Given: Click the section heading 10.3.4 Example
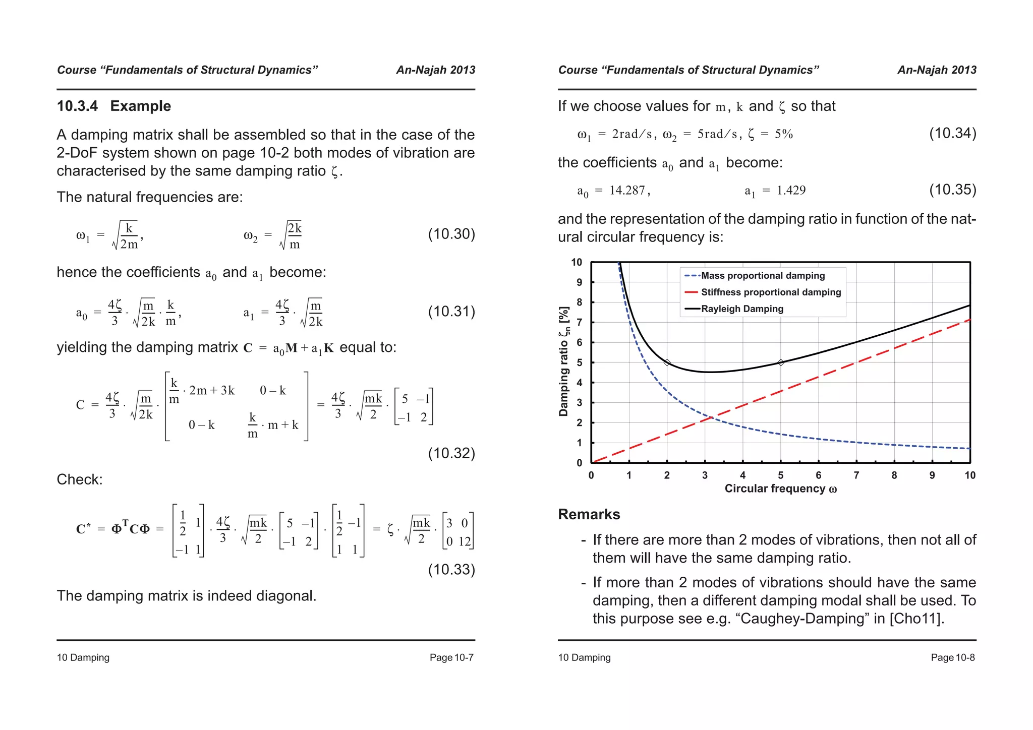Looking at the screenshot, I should click(x=114, y=106).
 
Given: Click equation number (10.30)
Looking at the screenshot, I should click(x=451, y=234).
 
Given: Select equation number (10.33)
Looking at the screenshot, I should click(x=451, y=570).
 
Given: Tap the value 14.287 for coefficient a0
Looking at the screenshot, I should click(x=627, y=191).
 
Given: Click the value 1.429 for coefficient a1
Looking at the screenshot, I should click(x=791, y=191).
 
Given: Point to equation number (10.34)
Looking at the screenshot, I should click(x=953, y=134).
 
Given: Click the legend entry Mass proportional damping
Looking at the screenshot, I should click(x=763, y=276).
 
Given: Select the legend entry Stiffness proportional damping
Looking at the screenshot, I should click(x=771, y=292).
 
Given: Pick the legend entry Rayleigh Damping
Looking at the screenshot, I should click(x=742, y=309).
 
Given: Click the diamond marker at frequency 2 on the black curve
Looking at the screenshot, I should click(x=667, y=362).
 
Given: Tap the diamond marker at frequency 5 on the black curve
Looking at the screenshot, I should click(x=781, y=362).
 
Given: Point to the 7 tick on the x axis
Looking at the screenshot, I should click(x=856, y=475).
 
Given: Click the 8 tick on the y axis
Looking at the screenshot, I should click(x=580, y=302).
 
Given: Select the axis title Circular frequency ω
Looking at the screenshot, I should click(x=781, y=489).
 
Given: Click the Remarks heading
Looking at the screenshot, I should click(x=589, y=514).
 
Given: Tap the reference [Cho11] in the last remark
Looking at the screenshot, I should click(x=916, y=619).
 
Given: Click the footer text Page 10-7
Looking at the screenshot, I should click(x=451, y=657).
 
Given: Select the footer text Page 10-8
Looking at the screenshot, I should click(x=953, y=657).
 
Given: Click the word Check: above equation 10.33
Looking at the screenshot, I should click(x=80, y=479).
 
